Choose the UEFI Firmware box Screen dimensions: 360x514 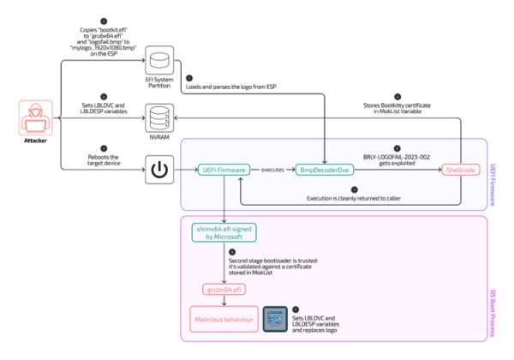224,170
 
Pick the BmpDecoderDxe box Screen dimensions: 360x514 321,170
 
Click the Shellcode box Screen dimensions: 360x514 461,170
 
